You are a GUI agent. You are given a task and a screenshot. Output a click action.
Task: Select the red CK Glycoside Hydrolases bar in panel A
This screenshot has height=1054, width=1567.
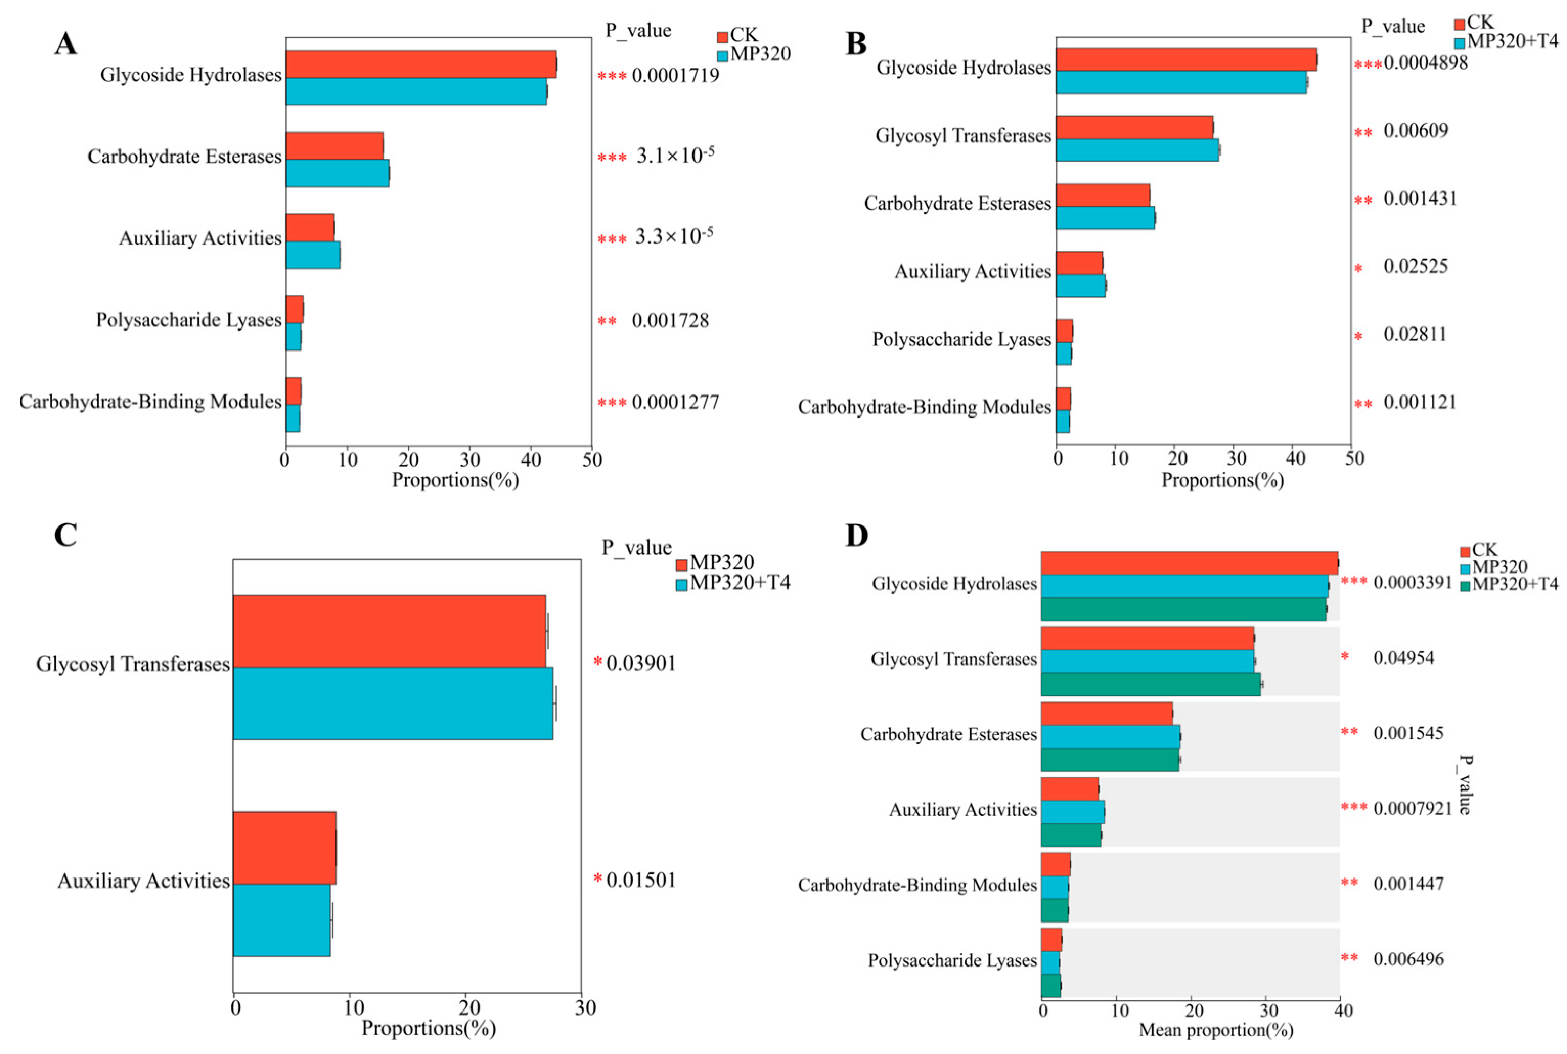(420, 64)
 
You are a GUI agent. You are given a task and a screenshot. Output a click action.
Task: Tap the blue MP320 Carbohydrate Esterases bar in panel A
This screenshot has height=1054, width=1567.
(338, 173)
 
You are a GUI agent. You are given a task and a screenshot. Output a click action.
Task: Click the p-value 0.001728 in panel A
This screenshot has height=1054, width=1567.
(670, 321)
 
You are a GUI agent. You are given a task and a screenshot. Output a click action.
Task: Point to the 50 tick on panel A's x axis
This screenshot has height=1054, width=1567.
(592, 460)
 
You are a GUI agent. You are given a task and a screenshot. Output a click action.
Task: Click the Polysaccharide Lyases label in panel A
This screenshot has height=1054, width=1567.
(188, 320)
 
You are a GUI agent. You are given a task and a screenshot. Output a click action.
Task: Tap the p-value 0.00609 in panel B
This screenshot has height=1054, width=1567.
(1415, 130)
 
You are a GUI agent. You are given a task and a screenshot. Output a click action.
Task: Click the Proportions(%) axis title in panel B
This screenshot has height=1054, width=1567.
(1222, 480)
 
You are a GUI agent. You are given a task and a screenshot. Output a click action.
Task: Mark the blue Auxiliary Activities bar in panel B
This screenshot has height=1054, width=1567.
(1081, 286)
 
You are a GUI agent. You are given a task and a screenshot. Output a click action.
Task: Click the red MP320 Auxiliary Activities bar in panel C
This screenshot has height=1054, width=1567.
(284, 848)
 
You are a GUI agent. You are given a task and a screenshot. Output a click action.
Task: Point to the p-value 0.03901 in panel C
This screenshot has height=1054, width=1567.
(640, 664)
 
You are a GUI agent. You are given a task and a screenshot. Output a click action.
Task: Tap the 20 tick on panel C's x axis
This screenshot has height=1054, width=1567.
(469, 1007)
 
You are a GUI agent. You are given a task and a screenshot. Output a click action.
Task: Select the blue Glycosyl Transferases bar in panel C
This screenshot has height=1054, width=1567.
(393, 703)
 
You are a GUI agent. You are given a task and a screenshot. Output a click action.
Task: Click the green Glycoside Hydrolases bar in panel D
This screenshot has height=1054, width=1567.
(1183, 609)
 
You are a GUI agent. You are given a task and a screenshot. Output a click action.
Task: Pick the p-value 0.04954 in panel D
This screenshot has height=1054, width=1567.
(1403, 657)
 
